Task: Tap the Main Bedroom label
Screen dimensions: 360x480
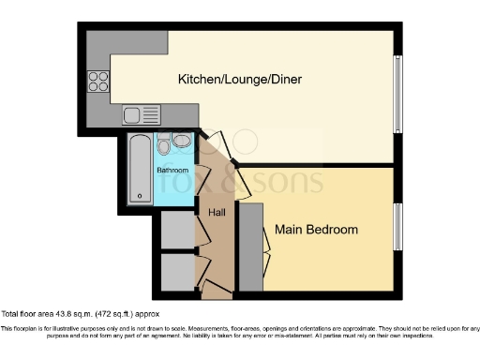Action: tap(316, 229)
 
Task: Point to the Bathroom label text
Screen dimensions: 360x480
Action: tap(172, 171)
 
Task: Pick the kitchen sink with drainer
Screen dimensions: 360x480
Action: tap(142, 115)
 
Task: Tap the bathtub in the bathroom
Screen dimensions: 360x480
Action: tap(140, 169)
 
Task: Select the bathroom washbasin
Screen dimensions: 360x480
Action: tap(181, 141)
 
